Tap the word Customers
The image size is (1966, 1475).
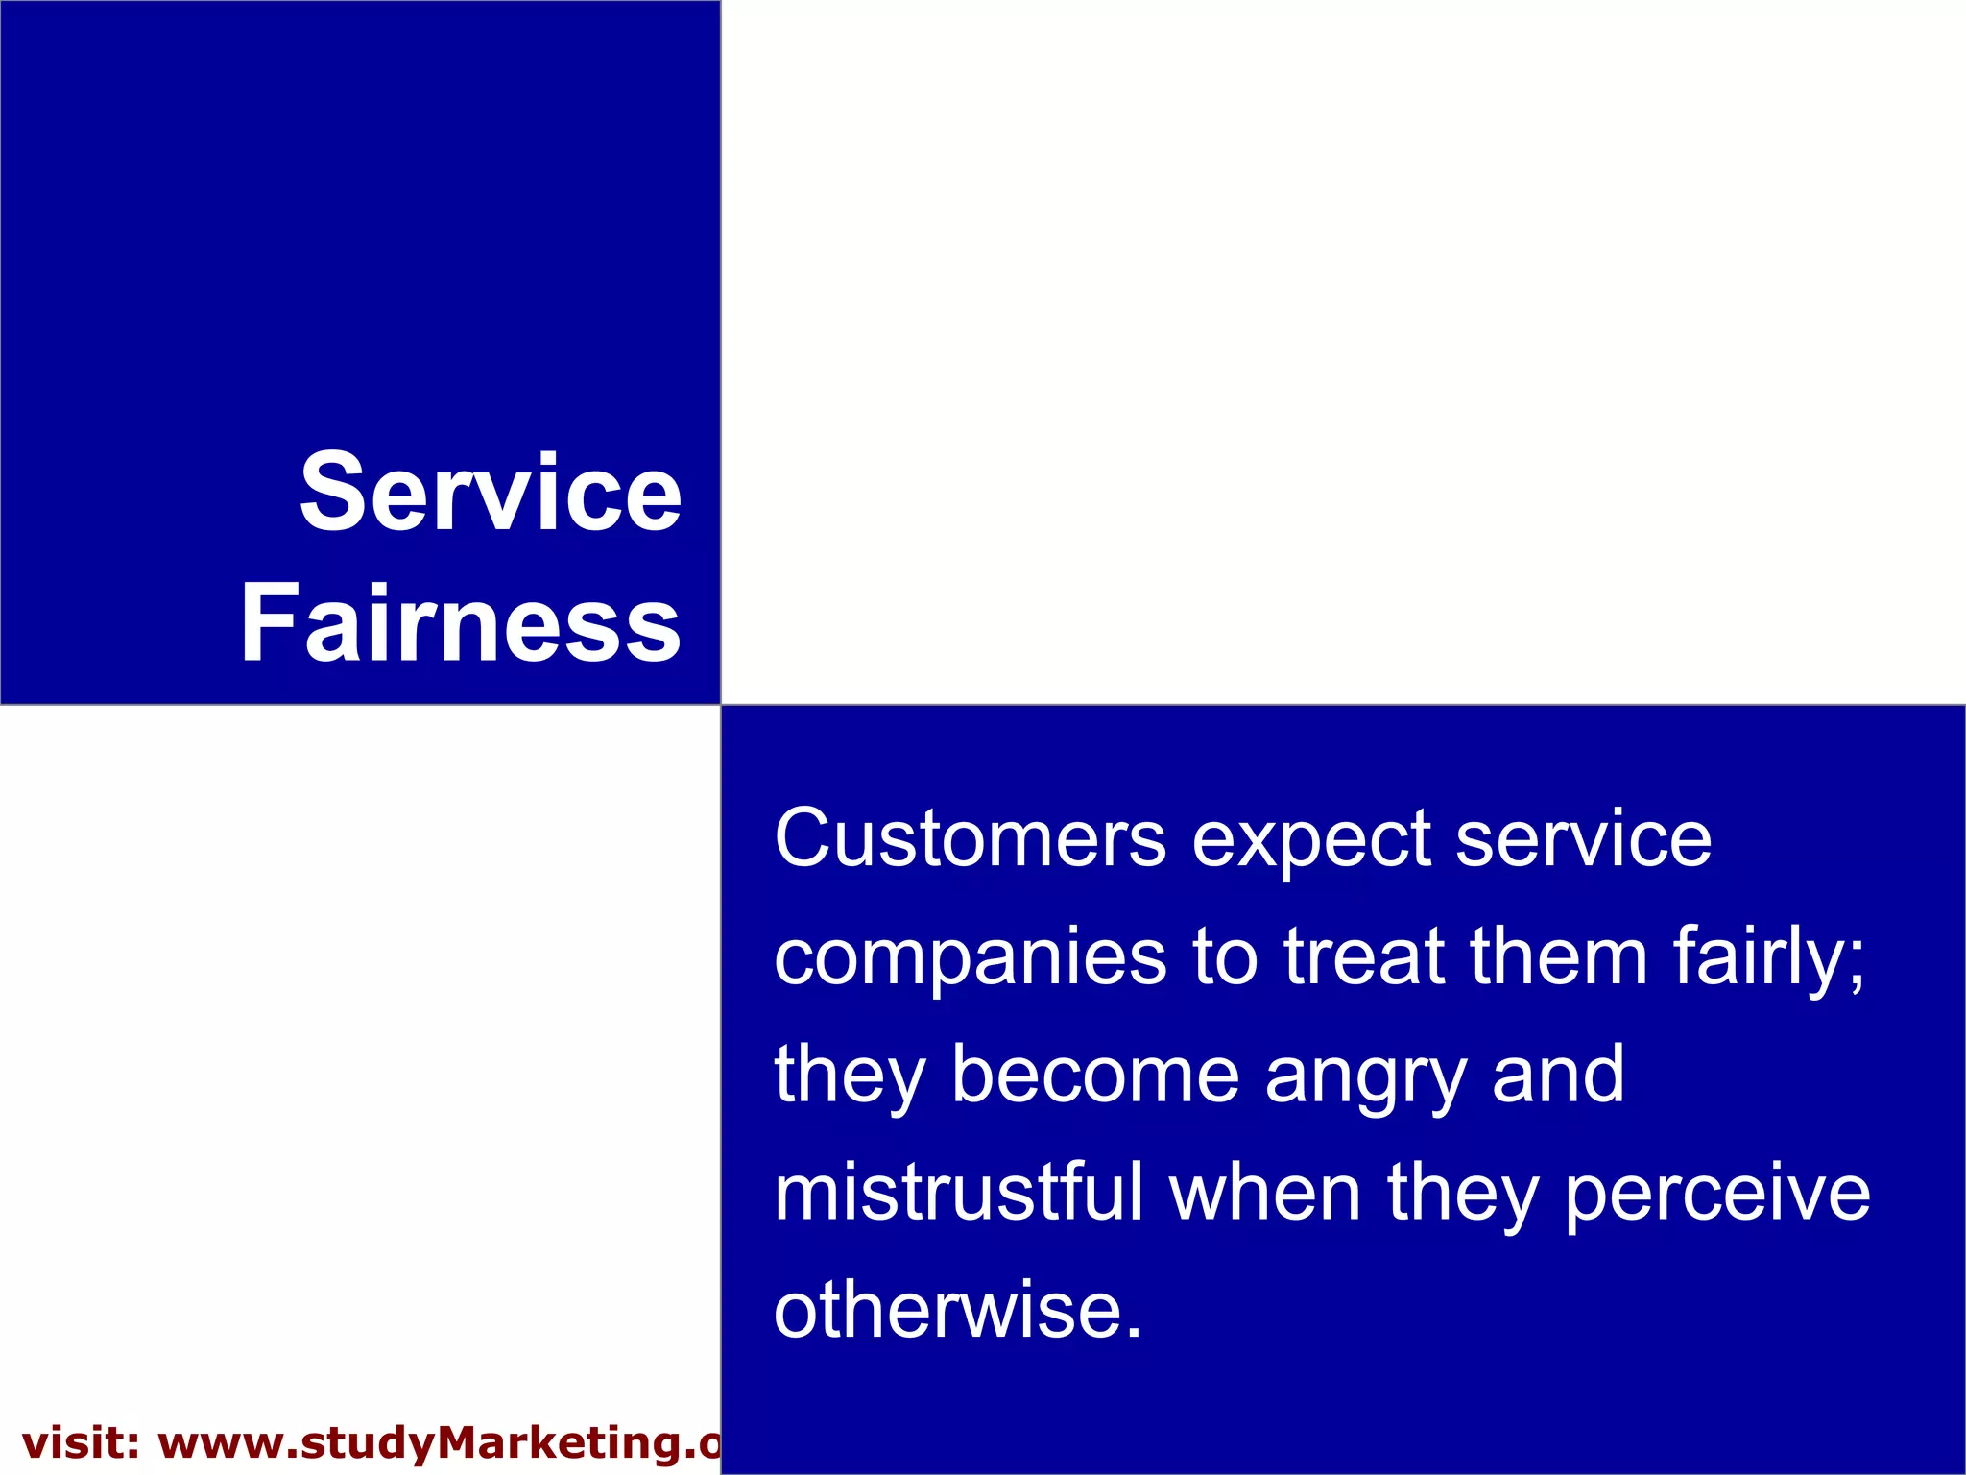pos(970,838)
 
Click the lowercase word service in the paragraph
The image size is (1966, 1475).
pos(1583,838)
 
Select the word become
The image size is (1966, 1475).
pos(1094,1075)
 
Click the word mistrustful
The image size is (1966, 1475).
pos(959,1193)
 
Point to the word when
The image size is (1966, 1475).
pos(1265,1193)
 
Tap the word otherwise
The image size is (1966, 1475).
pos(957,1311)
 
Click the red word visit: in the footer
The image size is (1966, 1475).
pos(82,1444)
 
